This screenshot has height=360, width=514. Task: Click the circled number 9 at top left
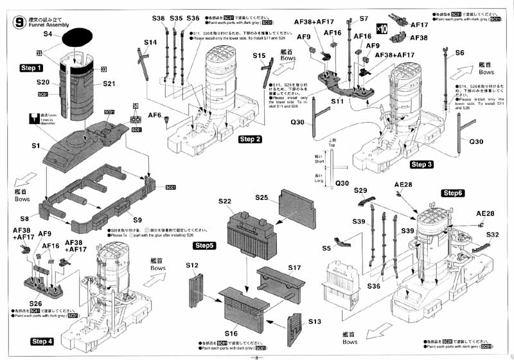pos(17,21)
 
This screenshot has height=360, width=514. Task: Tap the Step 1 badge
pos(31,67)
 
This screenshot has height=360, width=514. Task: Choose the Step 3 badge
pos(421,165)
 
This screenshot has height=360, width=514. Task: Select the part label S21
pos(109,84)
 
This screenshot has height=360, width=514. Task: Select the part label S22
pos(224,201)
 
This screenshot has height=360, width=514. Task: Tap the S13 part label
pos(315,321)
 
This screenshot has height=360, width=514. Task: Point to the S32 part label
pos(492,235)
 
